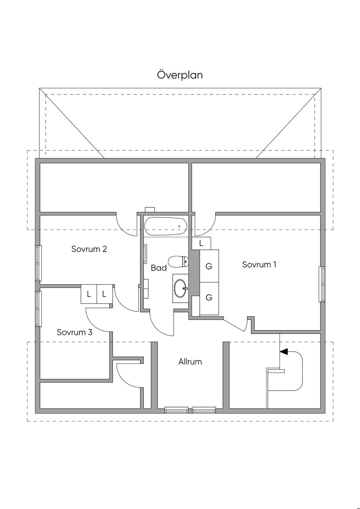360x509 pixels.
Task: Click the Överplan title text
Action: click(180, 75)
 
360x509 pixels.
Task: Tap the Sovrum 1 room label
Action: click(259, 265)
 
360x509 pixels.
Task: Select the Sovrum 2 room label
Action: click(89, 249)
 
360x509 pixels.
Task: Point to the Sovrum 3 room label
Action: click(75, 332)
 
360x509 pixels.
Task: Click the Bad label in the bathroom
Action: click(159, 268)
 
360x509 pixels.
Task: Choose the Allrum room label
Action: click(190, 362)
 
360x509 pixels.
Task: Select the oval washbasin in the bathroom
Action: click(181, 288)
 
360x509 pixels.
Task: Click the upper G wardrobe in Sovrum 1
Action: click(209, 266)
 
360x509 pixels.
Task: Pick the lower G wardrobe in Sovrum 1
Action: click(209, 298)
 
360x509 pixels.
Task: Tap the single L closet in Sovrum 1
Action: click(201, 243)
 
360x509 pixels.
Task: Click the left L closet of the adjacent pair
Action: click(89, 294)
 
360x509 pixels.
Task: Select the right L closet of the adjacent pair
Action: click(104, 294)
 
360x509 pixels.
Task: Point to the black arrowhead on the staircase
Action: click(283, 351)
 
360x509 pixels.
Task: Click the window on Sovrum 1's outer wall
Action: click(321, 284)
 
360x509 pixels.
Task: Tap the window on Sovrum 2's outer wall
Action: click(38, 263)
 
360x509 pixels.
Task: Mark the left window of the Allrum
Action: click(176, 410)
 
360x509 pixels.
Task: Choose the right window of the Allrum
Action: click(204, 410)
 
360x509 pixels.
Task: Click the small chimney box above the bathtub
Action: click(150, 210)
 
